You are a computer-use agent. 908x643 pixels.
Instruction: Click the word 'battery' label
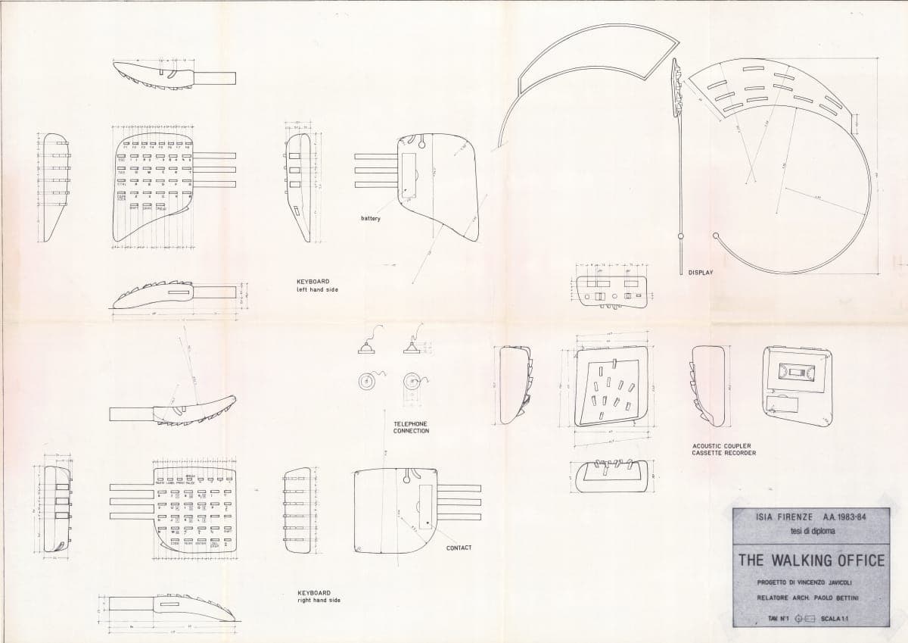371,219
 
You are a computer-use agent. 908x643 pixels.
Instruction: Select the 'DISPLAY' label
701,271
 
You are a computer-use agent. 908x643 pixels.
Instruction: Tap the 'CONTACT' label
459,548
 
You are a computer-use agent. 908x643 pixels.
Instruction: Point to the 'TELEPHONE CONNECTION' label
411,427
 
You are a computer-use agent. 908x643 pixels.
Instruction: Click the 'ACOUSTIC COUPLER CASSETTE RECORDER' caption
723,450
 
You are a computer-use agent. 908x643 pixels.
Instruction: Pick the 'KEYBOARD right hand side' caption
319,596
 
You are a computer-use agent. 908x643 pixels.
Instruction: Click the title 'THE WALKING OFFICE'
811,560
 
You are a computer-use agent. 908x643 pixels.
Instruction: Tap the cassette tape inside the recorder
798,373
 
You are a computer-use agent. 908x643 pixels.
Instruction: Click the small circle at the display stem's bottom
681,237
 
